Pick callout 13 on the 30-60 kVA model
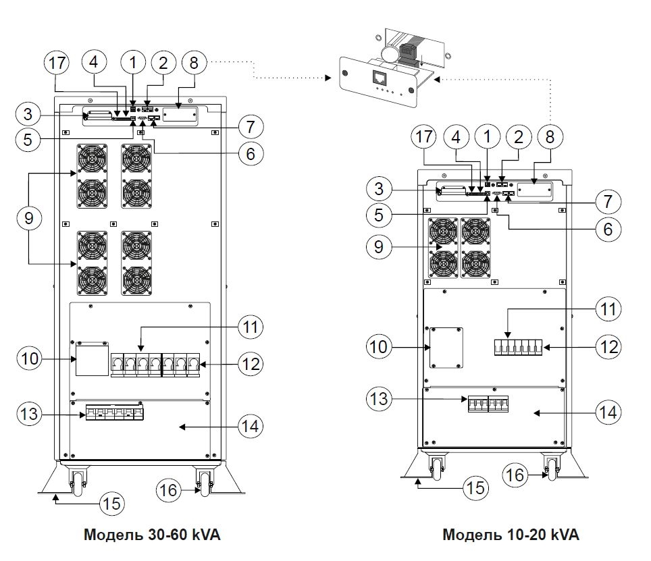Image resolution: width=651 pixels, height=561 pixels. click(x=31, y=413)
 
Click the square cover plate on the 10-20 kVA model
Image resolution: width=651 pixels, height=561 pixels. click(x=446, y=348)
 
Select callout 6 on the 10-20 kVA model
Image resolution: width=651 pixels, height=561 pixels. click(x=608, y=229)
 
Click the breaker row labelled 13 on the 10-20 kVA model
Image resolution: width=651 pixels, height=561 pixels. click(x=488, y=404)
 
